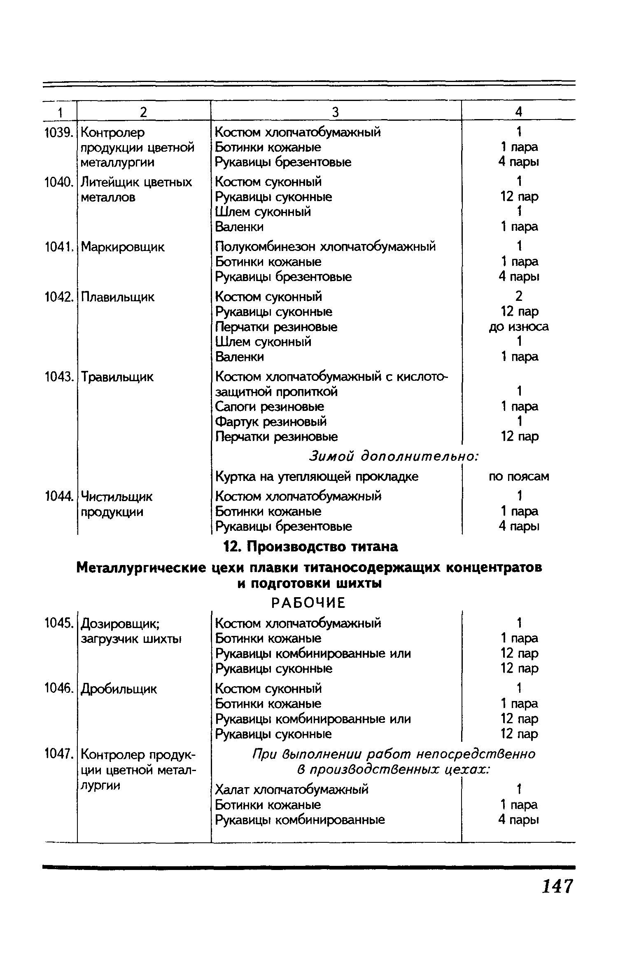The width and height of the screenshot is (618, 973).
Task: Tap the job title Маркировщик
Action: tap(122, 247)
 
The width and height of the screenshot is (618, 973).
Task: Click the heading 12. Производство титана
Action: tap(310, 547)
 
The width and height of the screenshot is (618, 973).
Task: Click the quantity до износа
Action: tap(519, 327)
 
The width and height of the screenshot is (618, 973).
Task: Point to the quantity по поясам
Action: tap(519, 477)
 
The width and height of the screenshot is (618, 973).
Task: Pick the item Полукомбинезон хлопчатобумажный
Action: tap(325, 247)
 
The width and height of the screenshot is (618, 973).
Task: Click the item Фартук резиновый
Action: tap(271, 422)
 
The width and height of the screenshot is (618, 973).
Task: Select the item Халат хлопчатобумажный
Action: tap(292, 790)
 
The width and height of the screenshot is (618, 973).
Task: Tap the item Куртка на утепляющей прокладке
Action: tap(317, 477)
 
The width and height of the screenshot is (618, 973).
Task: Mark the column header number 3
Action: tap(336, 112)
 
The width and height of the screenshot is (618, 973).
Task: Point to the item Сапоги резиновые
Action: tap(270, 407)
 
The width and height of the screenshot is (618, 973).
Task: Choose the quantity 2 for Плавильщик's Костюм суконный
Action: tap(519, 296)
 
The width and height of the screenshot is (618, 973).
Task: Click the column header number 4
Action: tap(519, 112)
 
